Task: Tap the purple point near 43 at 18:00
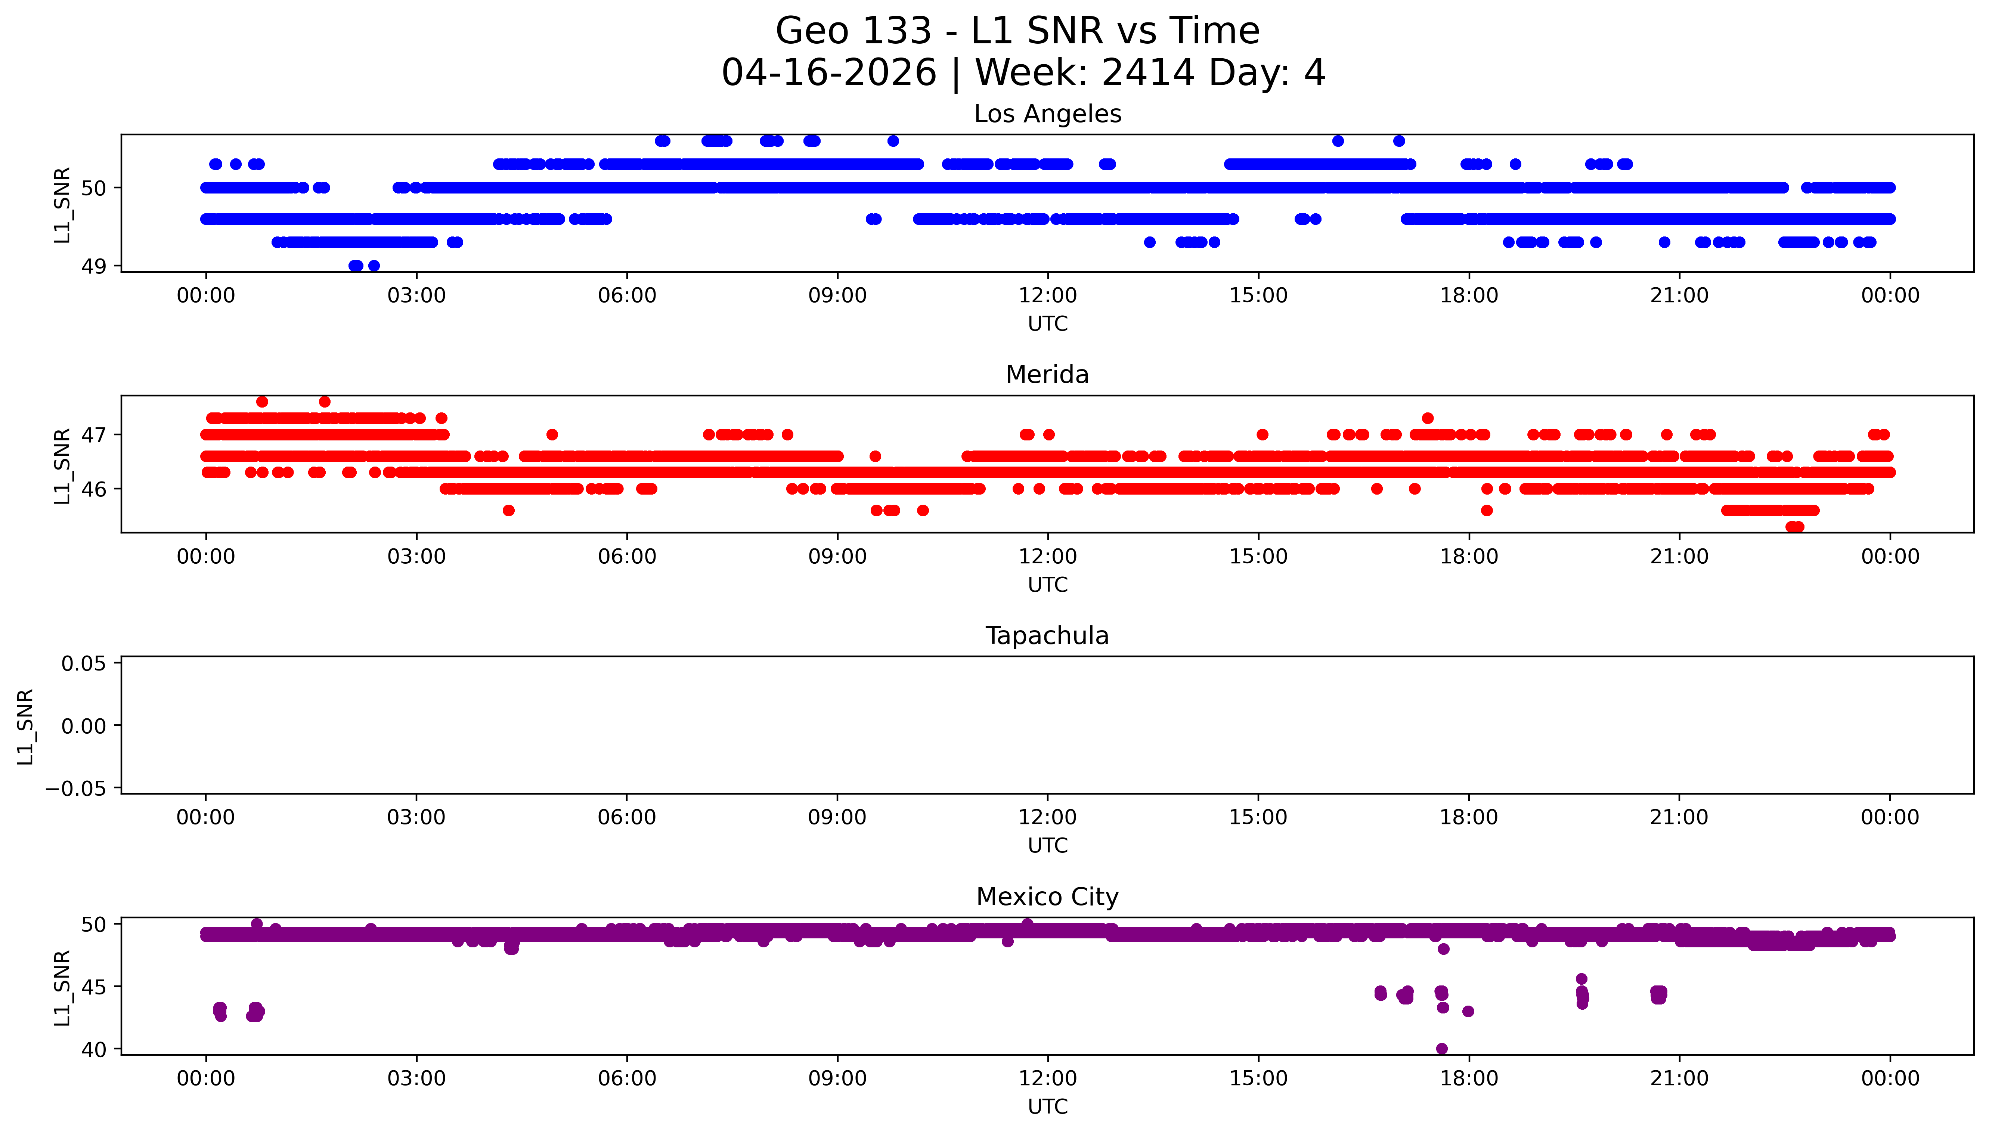(1468, 1012)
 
